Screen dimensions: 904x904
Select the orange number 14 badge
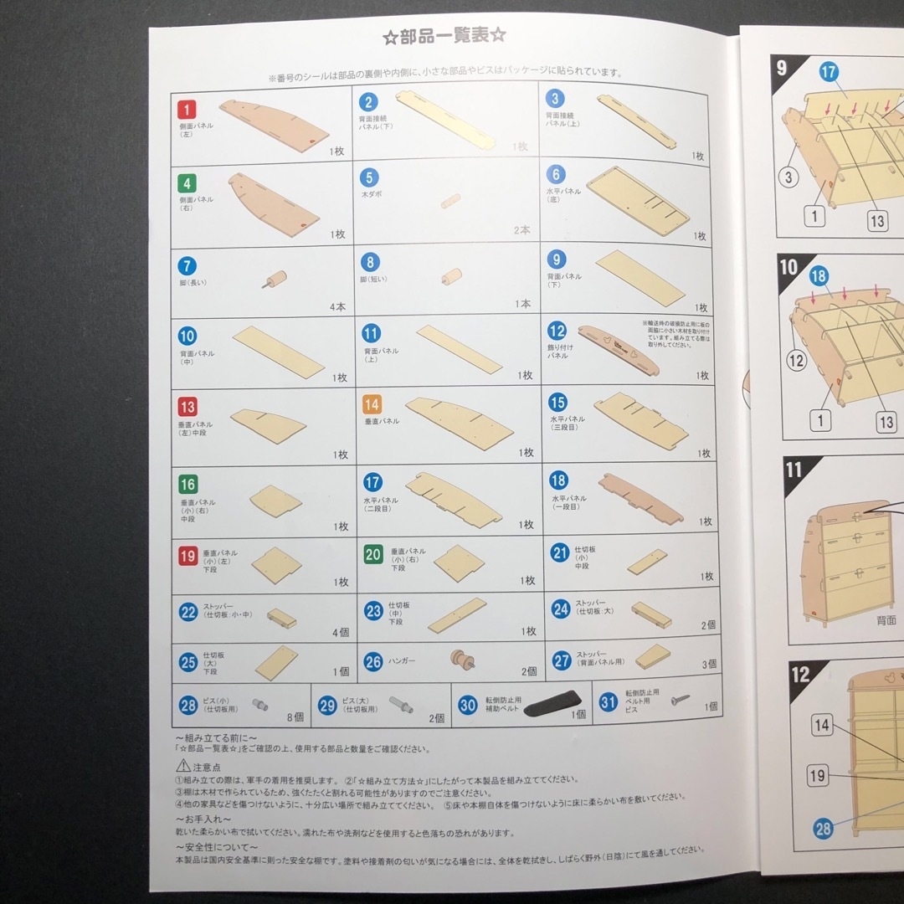point(372,405)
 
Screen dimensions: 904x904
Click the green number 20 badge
point(373,554)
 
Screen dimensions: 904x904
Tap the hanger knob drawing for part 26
point(460,660)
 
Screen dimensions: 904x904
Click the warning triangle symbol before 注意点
point(182,766)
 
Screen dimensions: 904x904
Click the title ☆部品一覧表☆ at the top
point(444,36)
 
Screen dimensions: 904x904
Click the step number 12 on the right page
point(801,674)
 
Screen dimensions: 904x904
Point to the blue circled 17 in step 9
point(829,73)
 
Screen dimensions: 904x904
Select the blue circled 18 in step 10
point(819,275)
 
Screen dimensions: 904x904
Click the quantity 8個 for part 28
point(295,717)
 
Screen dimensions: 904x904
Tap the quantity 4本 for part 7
point(337,306)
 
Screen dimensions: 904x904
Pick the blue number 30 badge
point(468,704)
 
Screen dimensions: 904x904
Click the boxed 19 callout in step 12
point(818,775)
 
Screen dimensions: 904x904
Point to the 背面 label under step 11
point(886,620)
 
